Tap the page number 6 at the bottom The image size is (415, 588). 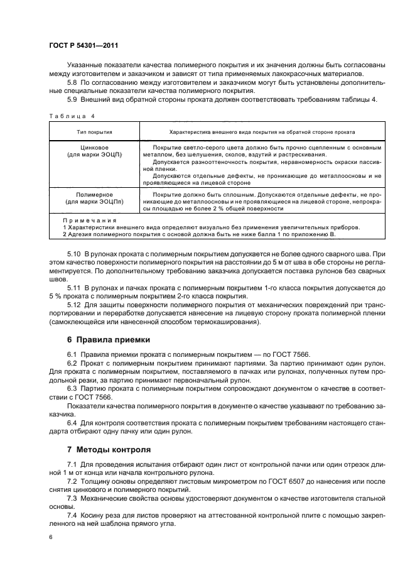[x=50, y=538]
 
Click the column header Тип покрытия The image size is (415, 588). [x=94, y=133]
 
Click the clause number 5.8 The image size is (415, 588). [x=73, y=82]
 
